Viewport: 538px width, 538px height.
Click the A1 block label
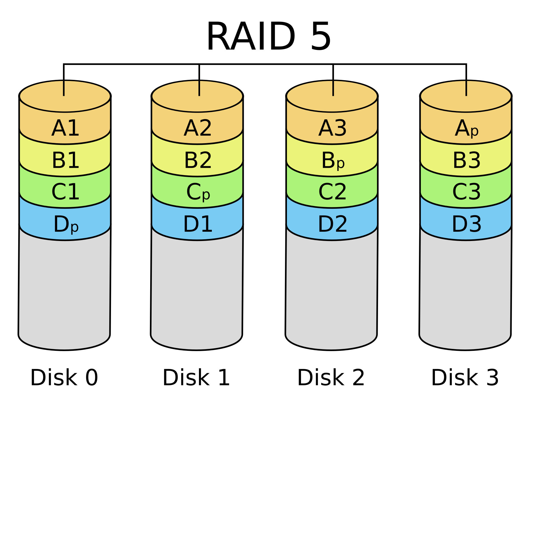[x=65, y=129]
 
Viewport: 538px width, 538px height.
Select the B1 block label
[x=65, y=161]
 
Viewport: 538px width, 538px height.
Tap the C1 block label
[x=65, y=193]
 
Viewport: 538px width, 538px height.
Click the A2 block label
[x=198, y=129]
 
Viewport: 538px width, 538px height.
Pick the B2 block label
[x=198, y=161]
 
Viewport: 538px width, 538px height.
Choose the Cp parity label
[x=198, y=193]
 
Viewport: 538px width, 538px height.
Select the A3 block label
[x=332, y=129]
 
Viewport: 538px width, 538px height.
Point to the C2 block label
[x=332, y=193]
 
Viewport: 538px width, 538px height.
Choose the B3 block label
[x=467, y=161]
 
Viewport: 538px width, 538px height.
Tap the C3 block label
[x=467, y=193]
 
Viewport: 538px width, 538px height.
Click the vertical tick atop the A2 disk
[x=199, y=88]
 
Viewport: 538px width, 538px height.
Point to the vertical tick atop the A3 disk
[x=333, y=88]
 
